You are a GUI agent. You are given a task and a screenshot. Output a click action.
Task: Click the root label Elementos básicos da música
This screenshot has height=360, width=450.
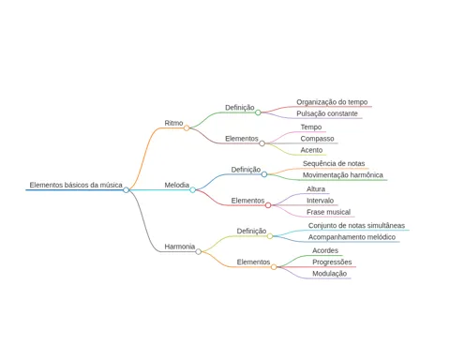pyautogui.click(x=76, y=185)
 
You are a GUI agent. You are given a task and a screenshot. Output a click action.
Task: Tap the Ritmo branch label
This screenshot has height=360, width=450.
pyautogui.click(x=173, y=123)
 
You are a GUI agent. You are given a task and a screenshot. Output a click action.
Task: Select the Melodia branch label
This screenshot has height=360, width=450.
pyautogui.click(x=177, y=185)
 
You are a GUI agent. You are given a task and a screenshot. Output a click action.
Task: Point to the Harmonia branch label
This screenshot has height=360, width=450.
pyautogui.click(x=180, y=247)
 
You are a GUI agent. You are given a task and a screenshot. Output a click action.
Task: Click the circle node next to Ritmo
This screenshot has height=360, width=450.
pyautogui.click(x=187, y=127)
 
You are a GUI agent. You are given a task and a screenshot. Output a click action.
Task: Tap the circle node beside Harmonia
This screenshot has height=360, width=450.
pyautogui.click(x=199, y=251)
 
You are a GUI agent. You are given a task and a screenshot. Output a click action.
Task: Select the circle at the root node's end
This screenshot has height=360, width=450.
pyautogui.click(x=126, y=190)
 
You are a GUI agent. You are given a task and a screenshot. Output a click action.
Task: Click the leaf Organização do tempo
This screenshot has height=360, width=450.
pyautogui.click(x=332, y=102)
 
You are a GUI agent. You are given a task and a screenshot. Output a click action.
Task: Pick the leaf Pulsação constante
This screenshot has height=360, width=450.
pyautogui.click(x=327, y=113)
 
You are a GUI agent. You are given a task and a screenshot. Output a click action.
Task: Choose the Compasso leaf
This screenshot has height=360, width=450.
pyautogui.click(x=317, y=139)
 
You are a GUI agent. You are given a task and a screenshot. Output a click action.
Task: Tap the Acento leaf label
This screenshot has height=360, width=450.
pyautogui.click(x=311, y=150)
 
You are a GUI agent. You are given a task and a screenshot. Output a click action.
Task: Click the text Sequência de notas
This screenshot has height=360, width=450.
pyautogui.click(x=334, y=163)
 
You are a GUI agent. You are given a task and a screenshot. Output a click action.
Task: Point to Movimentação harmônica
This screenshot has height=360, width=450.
pyautogui.click(x=343, y=175)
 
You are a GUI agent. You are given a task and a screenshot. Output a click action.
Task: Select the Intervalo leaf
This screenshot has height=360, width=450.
pyautogui.click(x=320, y=201)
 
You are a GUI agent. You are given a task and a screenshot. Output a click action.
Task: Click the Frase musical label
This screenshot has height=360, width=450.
pyautogui.click(x=328, y=212)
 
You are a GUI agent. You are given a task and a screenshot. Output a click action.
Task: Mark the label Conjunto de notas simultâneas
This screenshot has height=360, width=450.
pyautogui.click(x=356, y=226)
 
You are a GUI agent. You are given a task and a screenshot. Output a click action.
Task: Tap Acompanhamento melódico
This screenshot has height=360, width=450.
pyautogui.click(x=352, y=237)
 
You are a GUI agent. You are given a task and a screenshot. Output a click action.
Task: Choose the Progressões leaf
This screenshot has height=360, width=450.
pyautogui.click(x=332, y=262)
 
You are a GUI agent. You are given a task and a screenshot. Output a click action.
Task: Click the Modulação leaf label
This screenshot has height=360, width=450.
pyautogui.click(x=330, y=274)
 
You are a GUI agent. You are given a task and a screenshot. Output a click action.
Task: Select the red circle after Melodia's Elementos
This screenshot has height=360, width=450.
pyautogui.click(x=268, y=205)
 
